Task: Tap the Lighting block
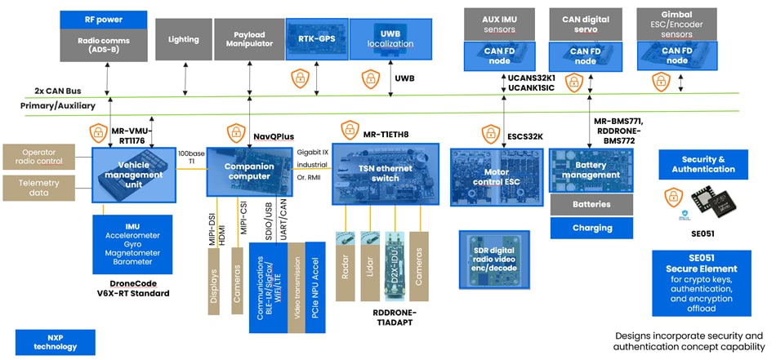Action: [x=183, y=38]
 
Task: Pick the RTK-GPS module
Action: [x=317, y=38]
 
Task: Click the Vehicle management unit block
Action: [x=134, y=175]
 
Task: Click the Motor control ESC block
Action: [x=497, y=176]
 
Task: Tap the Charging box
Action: [x=591, y=228]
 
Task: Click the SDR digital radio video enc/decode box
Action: [x=497, y=257]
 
